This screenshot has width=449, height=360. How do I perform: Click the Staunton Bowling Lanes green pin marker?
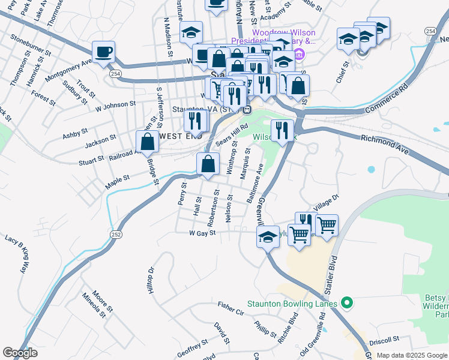tap(346, 304)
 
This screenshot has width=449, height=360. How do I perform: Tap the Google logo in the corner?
tap(20, 352)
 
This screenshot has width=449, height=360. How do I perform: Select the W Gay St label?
tap(202, 233)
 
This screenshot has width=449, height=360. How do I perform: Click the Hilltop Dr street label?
tap(151, 281)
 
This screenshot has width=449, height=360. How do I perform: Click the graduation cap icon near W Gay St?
tap(268, 236)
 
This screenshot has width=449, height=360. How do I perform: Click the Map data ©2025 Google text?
tap(412, 355)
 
